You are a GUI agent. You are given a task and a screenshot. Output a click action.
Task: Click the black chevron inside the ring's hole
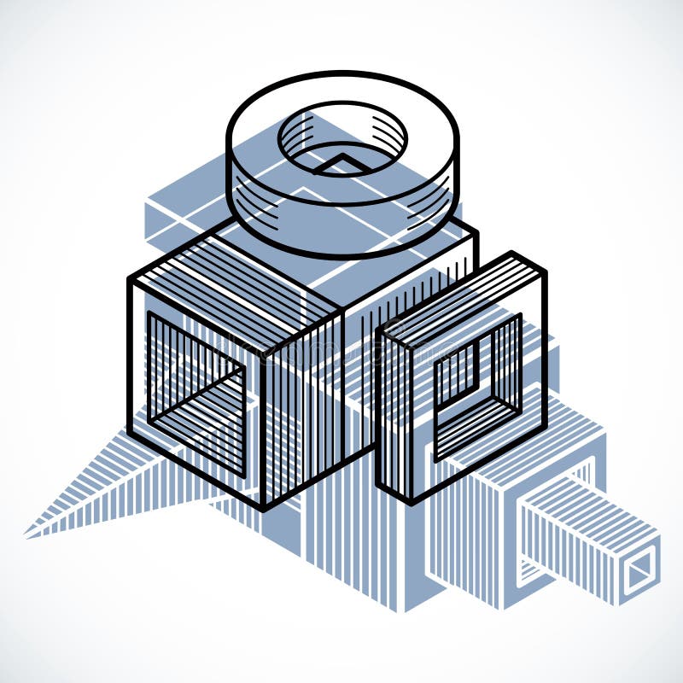click(x=341, y=162)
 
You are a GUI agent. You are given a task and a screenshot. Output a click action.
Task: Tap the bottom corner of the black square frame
click(x=412, y=504)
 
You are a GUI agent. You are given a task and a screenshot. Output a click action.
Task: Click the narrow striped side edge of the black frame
click(x=393, y=418)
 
